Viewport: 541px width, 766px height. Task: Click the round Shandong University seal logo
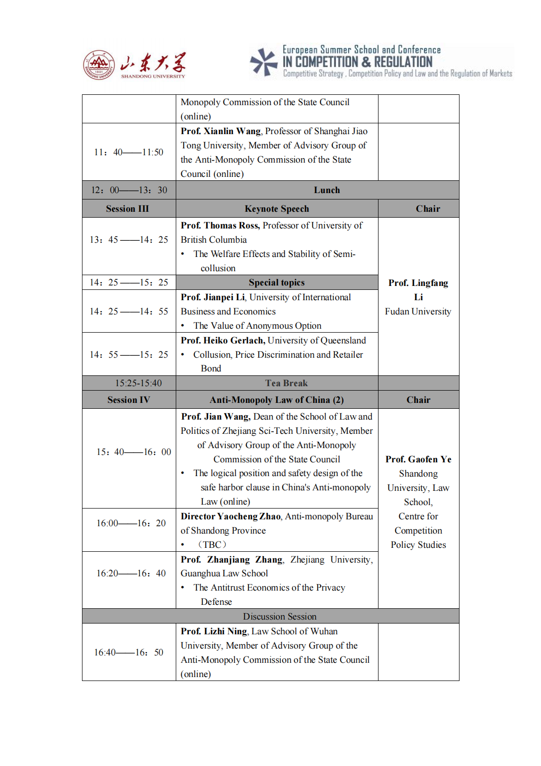pyautogui.click(x=99, y=64)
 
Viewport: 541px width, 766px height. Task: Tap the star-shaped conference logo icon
pyautogui.click(x=264, y=62)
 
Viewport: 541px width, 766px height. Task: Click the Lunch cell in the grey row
pyautogui.click(x=326, y=190)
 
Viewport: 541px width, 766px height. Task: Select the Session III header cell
pyautogui.click(x=127, y=209)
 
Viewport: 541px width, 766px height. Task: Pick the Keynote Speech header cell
pyautogui.click(x=277, y=209)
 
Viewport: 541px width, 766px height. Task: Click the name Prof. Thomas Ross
pyautogui.click(x=220, y=226)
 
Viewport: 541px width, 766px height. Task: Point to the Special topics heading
pyautogui.click(x=276, y=283)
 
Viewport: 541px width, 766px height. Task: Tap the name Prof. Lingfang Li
pyautogui.click(x=418, y=290)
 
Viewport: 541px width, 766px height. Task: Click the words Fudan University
pyautogui.click(x=418, y=312)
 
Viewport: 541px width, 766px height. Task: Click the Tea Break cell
pyautogui.click(x=286, y=383)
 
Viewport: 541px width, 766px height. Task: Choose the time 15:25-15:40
pyautogui.click(x=138, y=383)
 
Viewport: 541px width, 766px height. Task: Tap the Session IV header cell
pyautogui.click(x=129, y=400)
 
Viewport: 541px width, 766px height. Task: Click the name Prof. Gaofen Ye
pyautogui.click(x=418, y=459)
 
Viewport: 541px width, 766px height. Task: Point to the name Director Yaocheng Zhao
pyautogui.click(x=231, y=516)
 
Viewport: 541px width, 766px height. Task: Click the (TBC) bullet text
pyautogui.click(x=212, y=545)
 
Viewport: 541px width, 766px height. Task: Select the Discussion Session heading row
pyautogui.click(x=279, y=617)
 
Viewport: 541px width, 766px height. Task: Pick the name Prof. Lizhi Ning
pyautogui.click(x=214, y=631)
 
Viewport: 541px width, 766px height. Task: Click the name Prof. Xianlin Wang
pyautogui.click(x=220, y=131)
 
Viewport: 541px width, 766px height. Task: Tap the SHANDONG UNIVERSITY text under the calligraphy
pyautogui.click(x=153, y=76)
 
